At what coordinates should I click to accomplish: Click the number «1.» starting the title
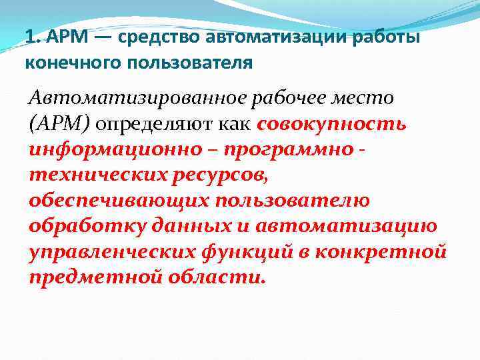32,37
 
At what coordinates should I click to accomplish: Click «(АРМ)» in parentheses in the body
62,124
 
